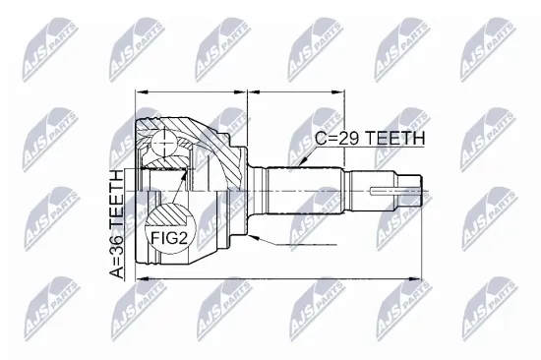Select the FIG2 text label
(171, 236)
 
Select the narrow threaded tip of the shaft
(410, 184)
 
